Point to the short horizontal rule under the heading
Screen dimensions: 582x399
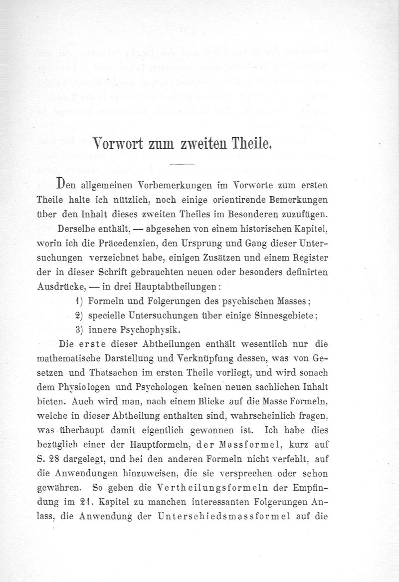(x=182, y=163)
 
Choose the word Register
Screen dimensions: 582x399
(x=309, y=260)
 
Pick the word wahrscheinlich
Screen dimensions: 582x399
(x=261, y=415)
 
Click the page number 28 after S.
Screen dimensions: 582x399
(x=49, y=458)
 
